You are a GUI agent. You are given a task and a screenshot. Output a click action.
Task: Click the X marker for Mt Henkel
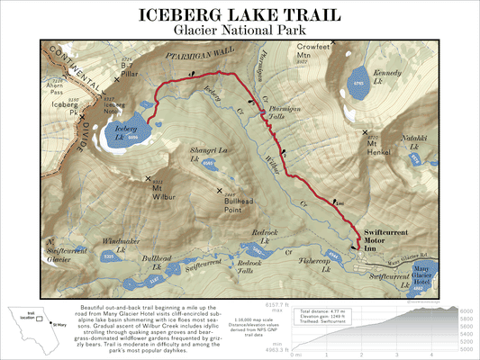click(x=367, y=134)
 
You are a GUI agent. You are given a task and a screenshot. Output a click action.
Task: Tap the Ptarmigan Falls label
click(x=279, y=115)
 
